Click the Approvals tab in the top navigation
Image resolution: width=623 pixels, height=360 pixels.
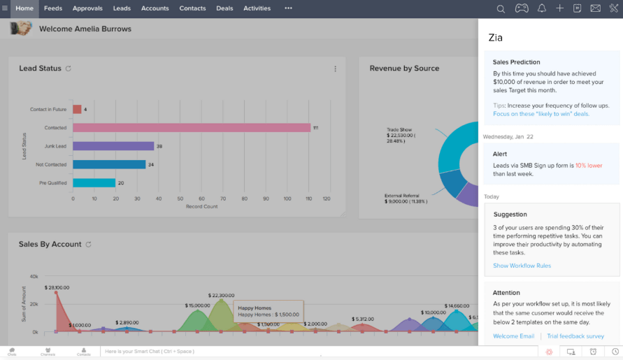click(x=87, y=8)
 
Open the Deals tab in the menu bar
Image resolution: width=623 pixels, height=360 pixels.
click(x=224, y=8)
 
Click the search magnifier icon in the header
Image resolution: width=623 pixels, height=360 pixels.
click(x=501, y=9)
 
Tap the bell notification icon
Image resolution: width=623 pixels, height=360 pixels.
click(x=541, y=9)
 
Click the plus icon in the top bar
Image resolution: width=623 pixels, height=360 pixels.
click(x=559, y=9)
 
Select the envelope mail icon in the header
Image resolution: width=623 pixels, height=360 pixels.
click(x=595, y=9)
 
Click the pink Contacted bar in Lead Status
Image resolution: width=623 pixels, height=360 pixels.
click(x=191, y=128)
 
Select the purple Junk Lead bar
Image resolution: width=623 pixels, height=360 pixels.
click(x=113, y=146)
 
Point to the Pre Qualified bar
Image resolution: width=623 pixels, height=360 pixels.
click(x=94, y=183)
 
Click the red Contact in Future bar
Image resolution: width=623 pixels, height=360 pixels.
click(x=77, y=109)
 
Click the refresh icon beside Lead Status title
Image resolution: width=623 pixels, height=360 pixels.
click(x=68, y=69)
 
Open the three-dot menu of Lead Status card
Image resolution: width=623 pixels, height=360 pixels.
click(x=335, y=69)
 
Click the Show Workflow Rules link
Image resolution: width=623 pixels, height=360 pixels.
click(x=522, y=266)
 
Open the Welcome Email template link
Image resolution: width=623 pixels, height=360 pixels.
click(x=513, y=336)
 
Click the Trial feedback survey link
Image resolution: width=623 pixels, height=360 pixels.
click(x=575, y=336)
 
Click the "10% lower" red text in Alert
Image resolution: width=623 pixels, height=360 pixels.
click(x=588, y=166)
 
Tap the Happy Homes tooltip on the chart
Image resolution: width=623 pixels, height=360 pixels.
click(x=268, y=311)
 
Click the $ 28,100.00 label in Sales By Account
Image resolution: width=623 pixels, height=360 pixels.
click(x=56, y=287)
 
